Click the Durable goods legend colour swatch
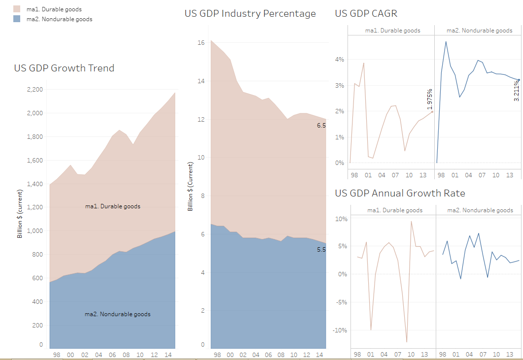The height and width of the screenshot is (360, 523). click(17, 9)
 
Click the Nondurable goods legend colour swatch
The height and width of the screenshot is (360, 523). click(17, 19)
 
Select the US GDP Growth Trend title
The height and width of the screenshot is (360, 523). click(64, 68)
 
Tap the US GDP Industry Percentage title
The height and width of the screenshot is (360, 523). click(250, 14)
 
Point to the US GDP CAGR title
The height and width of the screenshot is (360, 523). click(366, 14)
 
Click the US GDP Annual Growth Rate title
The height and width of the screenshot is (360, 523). click(400, 193)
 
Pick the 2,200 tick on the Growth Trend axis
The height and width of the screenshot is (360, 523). click(35, 89)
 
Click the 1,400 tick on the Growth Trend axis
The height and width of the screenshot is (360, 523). click(35, 184)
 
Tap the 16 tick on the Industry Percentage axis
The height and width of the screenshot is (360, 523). click(201, 43)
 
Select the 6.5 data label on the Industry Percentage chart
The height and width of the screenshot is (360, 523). click(321, 126)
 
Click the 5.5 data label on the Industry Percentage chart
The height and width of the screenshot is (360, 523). click(321, 250)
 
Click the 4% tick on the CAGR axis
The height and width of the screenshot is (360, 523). click(340, 60)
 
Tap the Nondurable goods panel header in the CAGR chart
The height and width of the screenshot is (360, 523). click(479, 31)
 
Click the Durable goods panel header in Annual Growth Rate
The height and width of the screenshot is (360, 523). click(395, 210)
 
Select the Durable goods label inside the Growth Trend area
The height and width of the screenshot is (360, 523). click(112, 206)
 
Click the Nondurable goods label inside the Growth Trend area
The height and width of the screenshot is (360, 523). click(117, 314)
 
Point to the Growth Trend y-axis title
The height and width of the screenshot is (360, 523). click(20, 214)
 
